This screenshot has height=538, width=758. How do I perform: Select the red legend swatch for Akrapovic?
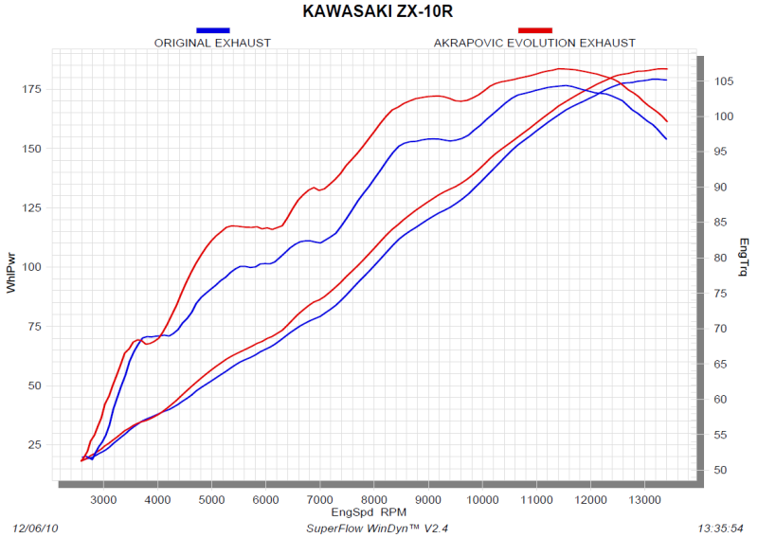(x=535, y=30)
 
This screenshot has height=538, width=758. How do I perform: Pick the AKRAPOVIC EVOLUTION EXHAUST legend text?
(x=534, y=43)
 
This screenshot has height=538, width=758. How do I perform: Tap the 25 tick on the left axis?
(x=34, y=445)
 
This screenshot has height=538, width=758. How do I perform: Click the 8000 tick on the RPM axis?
(x=374, y=498)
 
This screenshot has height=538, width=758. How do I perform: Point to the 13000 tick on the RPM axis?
(x=645, y=498)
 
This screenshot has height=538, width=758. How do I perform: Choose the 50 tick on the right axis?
(x=722, y=471)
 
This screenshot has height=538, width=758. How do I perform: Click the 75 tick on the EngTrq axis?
(x=722, y=294)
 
